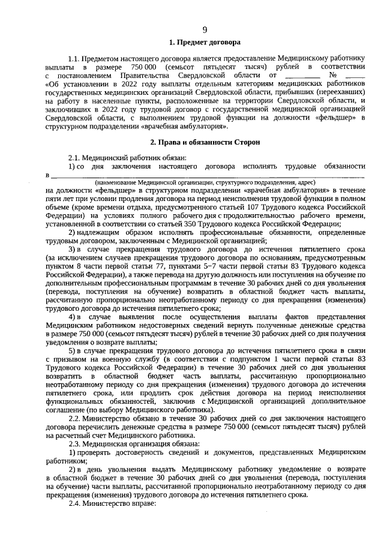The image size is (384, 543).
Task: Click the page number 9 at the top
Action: coord(205,29)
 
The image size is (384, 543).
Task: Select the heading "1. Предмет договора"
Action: coord(205,43)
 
